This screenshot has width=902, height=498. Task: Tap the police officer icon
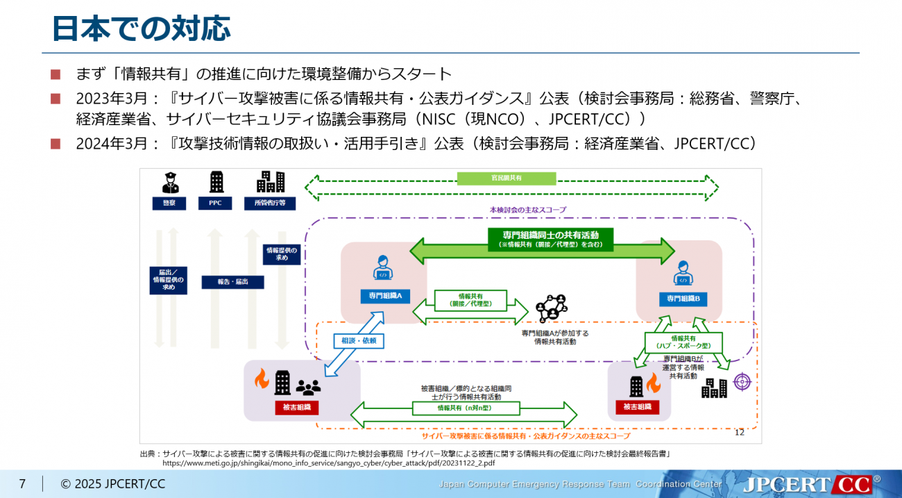coord(170,182)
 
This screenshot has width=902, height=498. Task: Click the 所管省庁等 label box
coord(270,204)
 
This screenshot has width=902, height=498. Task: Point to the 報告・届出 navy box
coord(231,282)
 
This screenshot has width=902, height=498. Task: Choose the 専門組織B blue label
coord(683,298)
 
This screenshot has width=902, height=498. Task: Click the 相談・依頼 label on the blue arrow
coord(359,340)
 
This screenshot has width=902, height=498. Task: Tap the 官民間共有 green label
coord(506,179)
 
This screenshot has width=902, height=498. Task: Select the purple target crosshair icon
coord(742,381)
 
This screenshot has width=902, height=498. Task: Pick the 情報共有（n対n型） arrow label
coord(464,408)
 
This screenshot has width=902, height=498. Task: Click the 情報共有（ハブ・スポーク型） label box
coord(683,342)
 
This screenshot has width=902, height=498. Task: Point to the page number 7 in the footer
coord(22,484)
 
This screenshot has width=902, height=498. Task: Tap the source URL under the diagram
coord(328,462)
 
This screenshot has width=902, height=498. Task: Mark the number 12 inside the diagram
coord(739,432)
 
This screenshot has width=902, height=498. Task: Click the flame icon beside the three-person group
coord(261,379)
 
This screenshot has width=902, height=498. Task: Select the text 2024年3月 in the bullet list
coord(112,144)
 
